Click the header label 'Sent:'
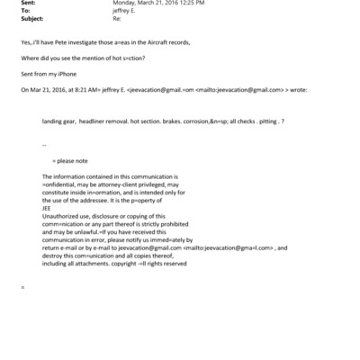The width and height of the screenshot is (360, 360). [27, 4]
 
